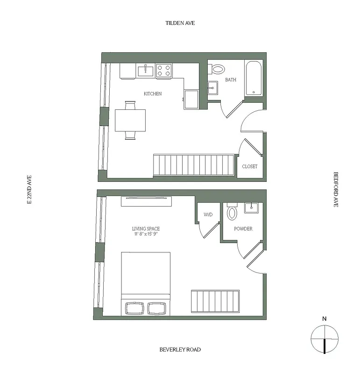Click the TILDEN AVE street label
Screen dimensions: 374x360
(x=180, y=22)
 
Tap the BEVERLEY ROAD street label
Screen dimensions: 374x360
(x=180, y=349)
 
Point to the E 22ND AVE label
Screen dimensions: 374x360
(x=29, y=190)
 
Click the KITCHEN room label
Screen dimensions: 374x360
(x=153, y=94)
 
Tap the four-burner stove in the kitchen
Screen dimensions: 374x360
(x=164, y=71)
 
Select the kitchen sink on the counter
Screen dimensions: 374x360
(x=146, y=71)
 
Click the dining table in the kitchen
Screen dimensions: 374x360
(x=130, y=121)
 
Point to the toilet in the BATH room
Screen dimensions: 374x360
(x=218, y=69)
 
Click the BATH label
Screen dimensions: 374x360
(x=231, y=80)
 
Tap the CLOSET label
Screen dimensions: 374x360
(x=249, y=166)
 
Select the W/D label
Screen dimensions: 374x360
(x=208, y=215)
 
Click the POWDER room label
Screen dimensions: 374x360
(x=243, y=229)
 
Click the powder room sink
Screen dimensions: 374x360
(x=252, y=207)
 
